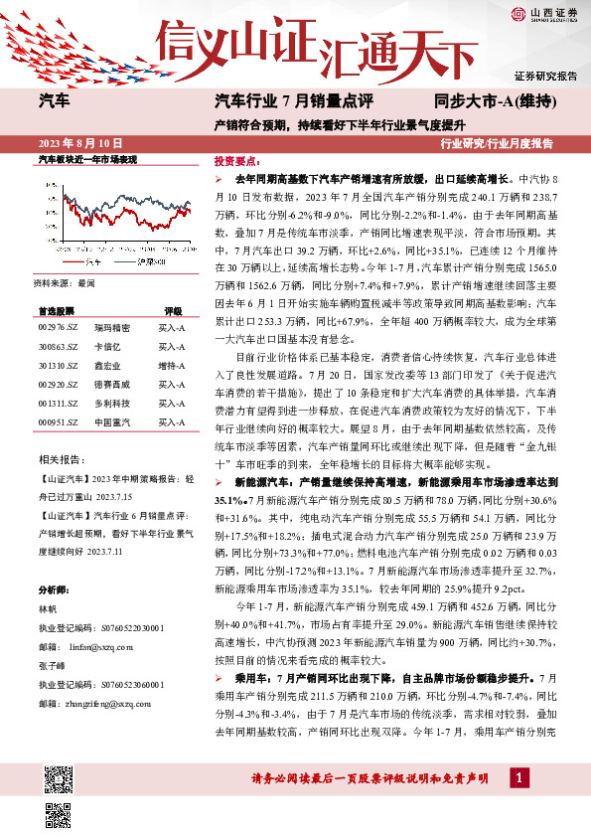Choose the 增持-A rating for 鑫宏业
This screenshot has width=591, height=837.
[171, 366]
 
